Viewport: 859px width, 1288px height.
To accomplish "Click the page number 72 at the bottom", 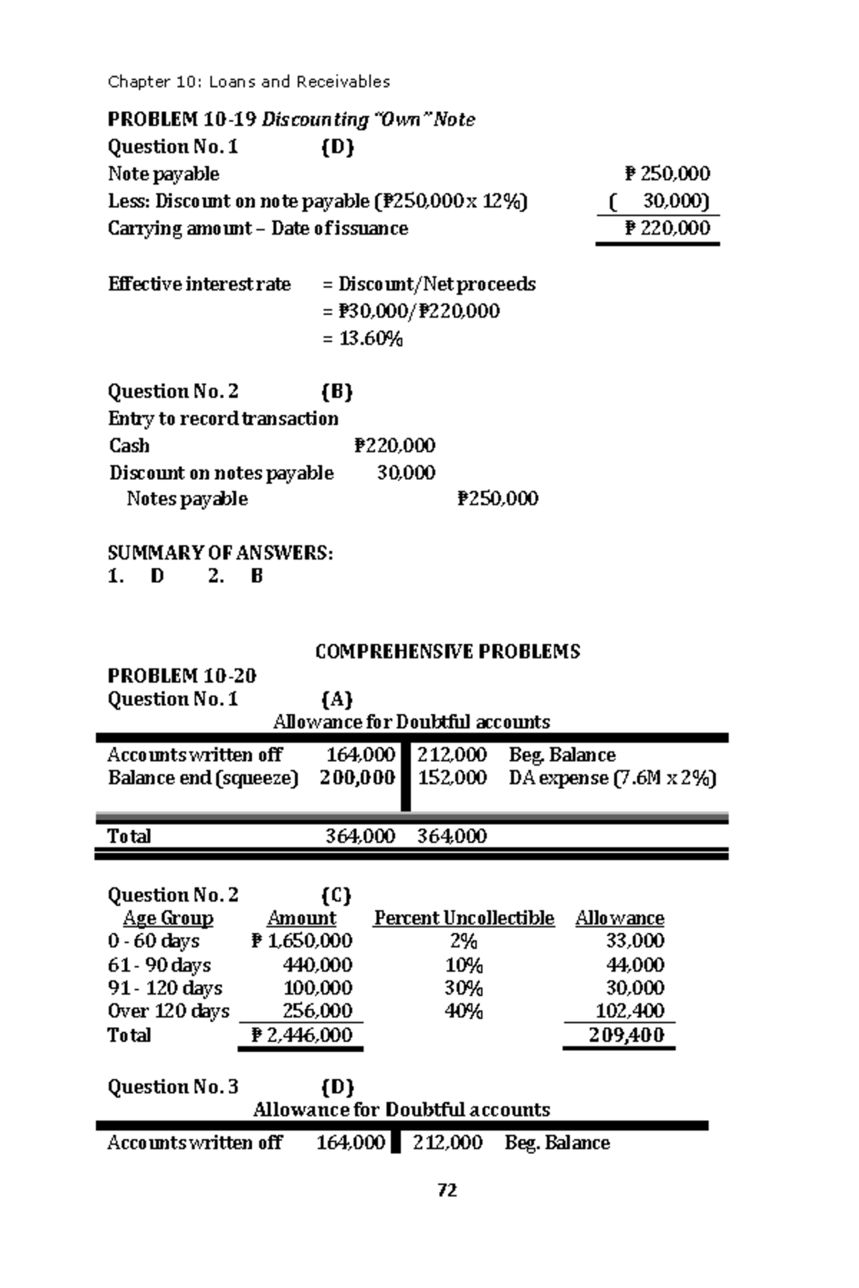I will pos(447,1190).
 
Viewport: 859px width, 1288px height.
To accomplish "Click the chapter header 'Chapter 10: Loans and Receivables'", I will pos(248,82).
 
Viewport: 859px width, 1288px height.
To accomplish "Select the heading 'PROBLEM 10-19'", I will pos(182,119).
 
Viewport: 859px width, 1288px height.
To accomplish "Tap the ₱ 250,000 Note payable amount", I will pos(667,174).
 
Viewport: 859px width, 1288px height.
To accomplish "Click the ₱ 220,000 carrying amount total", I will pos(667,228).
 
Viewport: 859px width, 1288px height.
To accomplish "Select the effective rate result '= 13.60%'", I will pos(362,338).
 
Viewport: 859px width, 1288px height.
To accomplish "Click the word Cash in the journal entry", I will pos(130,446).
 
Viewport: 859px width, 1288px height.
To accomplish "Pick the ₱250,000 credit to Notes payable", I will pos(498,499).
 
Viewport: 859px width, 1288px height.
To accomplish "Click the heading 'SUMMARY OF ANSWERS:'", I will pos(220,553).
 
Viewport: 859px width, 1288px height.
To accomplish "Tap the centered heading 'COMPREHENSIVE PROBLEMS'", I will pos(447,651).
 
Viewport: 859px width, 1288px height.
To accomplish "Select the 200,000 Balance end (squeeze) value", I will pos(357,778).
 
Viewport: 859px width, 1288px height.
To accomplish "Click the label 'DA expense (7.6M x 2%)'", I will pos(612,778).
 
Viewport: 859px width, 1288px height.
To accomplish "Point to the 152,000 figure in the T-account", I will pos(452,778).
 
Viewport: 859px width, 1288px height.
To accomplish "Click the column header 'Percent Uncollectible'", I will pos(464,918).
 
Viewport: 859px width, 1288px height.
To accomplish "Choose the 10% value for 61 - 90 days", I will pos(464,965).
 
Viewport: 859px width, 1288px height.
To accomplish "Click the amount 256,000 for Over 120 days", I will pos(317,1011).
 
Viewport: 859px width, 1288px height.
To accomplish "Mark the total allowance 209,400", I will pos(626,1035).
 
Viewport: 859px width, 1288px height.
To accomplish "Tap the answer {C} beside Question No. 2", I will pos(336,895).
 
